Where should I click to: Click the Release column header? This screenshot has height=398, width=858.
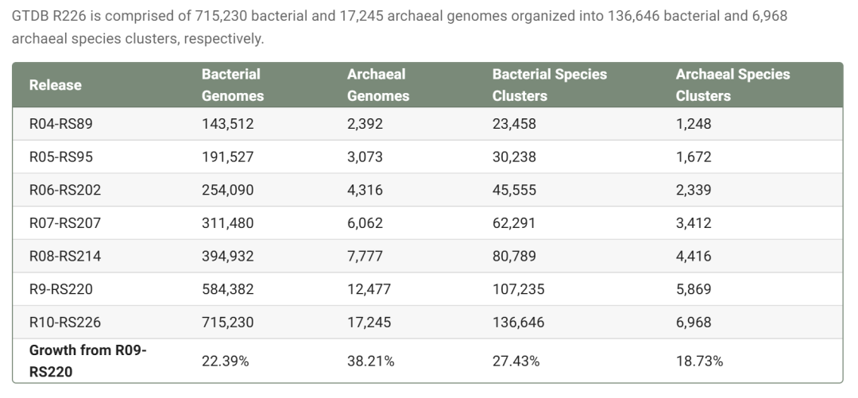click(x=56, y=85)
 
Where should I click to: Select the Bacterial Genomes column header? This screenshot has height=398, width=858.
click(x=232, y=85)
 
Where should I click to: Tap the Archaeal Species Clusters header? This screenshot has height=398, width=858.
click(x=732, y=85)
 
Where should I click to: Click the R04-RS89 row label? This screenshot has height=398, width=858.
click(x=61, y=124)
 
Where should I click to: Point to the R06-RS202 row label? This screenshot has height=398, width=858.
click(x=65, y=191)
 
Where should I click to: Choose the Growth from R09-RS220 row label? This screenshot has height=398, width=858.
click(x=87, y=361)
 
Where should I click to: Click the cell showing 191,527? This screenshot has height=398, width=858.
click(x=227, y=157)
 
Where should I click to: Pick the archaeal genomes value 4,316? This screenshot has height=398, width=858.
click(x=365, y=191)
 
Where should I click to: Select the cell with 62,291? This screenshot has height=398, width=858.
click(x=514, y=223)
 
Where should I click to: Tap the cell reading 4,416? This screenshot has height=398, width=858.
click(x=694, y=257)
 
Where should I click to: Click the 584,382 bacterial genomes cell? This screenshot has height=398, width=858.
click(x=227, y=290)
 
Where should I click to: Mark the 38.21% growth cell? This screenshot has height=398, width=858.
click(x=371, y=361)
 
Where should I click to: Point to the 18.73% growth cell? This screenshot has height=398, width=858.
click(x=699, y=361)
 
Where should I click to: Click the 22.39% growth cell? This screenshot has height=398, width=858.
click(x=225, y=361)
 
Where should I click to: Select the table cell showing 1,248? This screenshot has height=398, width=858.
click(x=694, y=124)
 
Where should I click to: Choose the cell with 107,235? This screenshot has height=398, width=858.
click(x=518, y=290)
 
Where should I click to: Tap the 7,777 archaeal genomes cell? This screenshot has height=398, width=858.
click(x=365, y=257)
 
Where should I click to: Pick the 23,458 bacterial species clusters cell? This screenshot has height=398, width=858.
click(x=514, y=124)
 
